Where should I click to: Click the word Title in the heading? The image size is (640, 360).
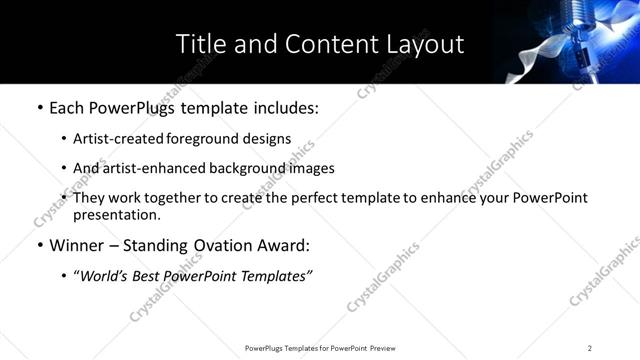click(x=199, y=44)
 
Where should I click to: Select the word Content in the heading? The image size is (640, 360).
click(x=325, y=44)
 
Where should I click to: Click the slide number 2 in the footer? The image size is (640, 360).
click(x=590, y=348)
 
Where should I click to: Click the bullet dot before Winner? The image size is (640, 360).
click(x=39, y=246)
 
